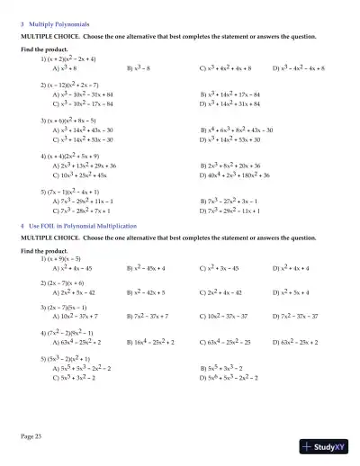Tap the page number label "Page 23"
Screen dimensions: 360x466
31,435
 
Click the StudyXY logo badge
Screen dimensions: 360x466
324,445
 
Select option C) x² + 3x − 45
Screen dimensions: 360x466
222,269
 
